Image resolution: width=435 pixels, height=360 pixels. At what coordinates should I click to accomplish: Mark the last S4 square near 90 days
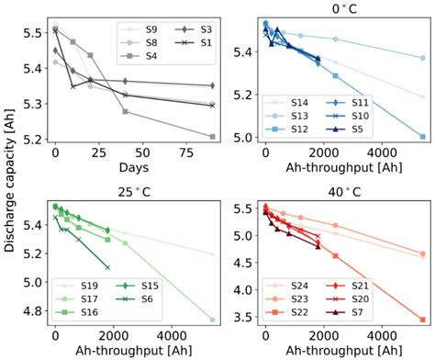(213, 136)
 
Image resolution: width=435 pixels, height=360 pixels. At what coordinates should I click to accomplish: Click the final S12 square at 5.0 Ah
(422, 136)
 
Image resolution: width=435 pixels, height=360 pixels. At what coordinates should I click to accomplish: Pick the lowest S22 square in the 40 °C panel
(422, 319)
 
